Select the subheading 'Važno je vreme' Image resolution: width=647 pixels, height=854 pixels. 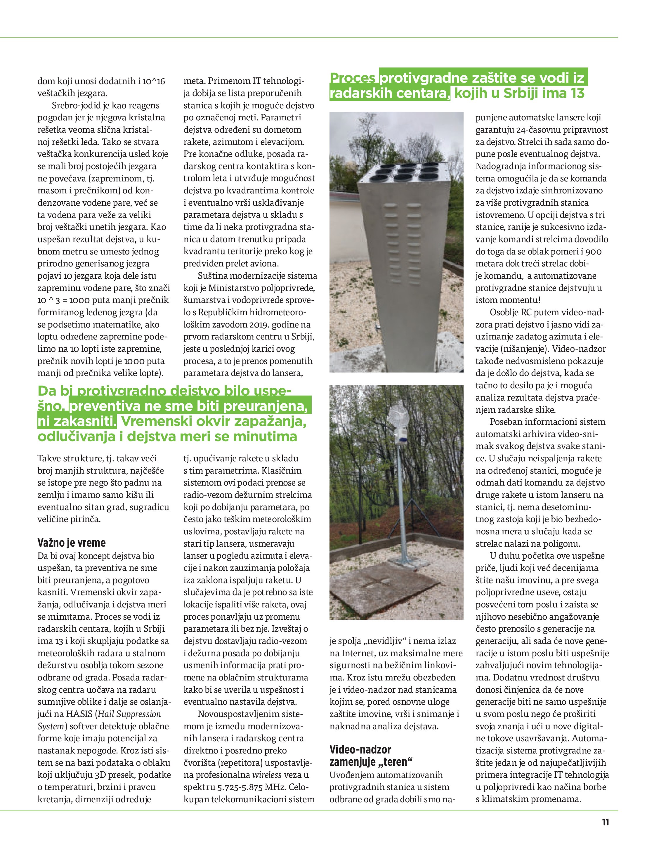[x=71, y=543]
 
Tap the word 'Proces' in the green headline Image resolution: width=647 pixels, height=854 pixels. [x=353, y=78]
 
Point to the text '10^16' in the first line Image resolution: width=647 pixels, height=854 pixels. [x=154, y=82]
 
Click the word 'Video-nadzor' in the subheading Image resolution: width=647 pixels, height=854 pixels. [x=360, y=750]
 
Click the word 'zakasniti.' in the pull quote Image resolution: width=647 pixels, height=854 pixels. [x=77, y=422]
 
